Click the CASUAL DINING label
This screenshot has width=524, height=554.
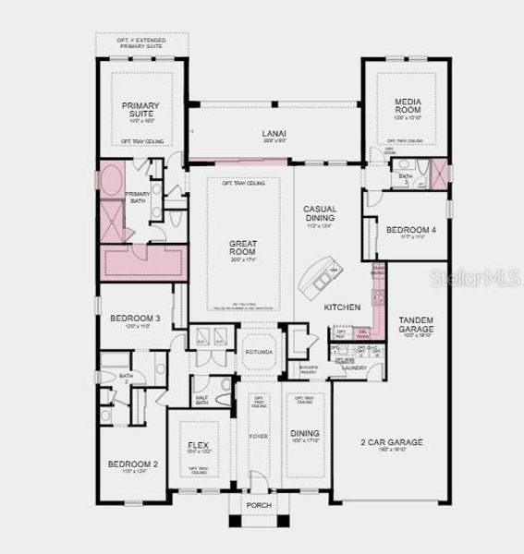click(320, 214)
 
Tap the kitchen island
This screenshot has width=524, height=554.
click(322, 275)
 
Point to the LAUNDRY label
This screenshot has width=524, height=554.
click(352, 367)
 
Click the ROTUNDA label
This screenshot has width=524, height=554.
click(259, 353)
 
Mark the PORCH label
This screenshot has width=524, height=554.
click(258, 506)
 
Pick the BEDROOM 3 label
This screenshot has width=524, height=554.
click(136, 318)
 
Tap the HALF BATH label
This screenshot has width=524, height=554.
click(201, 399)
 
